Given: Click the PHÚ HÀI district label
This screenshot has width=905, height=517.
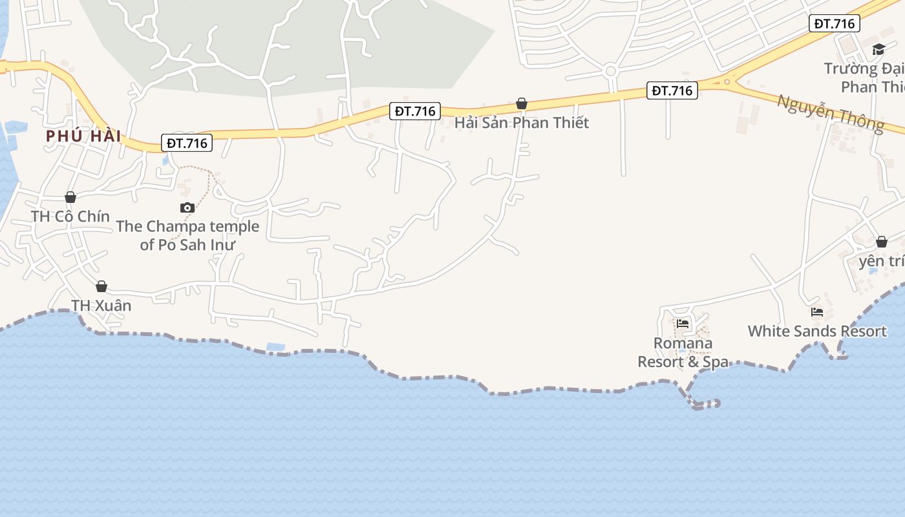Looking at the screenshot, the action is click(83, 136).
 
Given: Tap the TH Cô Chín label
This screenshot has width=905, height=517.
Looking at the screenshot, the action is click(70, 216).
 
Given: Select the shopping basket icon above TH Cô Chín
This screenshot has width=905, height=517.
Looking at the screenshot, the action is click(70, 197).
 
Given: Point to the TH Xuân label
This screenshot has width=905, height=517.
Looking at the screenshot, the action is click(101, 305).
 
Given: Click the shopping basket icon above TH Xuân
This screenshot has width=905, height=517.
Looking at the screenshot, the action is click(101, 286).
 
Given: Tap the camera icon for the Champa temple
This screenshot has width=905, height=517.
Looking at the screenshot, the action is click(187, 207).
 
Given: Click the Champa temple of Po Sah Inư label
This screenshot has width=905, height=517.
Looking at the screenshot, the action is click(187, 235).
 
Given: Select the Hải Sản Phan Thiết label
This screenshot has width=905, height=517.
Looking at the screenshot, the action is click(522, 122).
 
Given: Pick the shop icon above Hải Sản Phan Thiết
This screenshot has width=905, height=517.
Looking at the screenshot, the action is click(522, 103).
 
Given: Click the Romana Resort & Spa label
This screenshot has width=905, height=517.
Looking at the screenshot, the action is click(683, 352).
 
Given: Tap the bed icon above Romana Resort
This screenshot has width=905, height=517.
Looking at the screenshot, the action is click(683, 324).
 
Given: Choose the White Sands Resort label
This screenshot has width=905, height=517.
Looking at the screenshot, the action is click(817, 331).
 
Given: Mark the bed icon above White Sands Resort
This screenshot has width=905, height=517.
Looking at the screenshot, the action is click(817, 312).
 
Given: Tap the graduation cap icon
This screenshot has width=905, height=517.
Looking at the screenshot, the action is click(878, 50).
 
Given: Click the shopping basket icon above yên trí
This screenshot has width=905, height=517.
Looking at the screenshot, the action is click(882, 242).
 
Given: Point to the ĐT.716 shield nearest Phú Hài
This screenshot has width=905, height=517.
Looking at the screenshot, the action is click(187, 143).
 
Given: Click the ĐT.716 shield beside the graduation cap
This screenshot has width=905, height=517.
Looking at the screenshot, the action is click(834, 24).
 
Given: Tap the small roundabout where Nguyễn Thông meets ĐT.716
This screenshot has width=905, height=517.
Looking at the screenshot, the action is click(727, 81).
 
